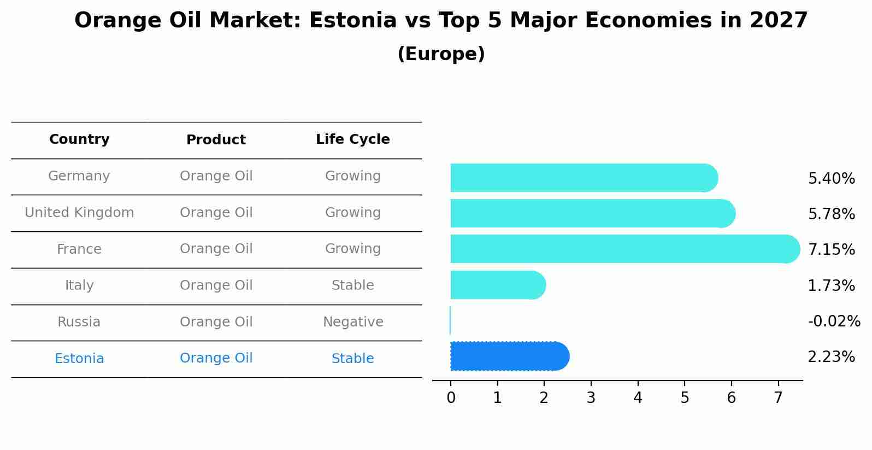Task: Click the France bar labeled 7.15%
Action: click(x=623, y=249)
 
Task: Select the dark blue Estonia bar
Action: click(x=508, y=357)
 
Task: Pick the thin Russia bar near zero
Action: click(x=450, y=320)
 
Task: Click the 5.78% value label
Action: click(x=831, y=214)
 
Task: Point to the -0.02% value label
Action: click(x=834, y=321)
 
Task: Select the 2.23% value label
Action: click(x=831, y=357)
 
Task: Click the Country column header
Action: click(x=79, y=139)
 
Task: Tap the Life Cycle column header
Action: click(x=352, y=139)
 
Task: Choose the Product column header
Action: click(x=216, y=140)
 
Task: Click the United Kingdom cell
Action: click(x=79, y=213)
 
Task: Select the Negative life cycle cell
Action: click(x=352, y=322)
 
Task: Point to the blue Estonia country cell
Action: click(x=79, y=359)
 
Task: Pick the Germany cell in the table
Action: click(x=79, y=176)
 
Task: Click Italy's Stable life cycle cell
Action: click(x=352, y=285)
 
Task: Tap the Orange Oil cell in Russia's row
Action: click(x=216, y=322)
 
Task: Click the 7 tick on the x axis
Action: click(x=778, y=398)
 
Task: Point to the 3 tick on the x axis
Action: click(x=591, y=398)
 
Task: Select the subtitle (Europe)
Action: click(x=441, y=54)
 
